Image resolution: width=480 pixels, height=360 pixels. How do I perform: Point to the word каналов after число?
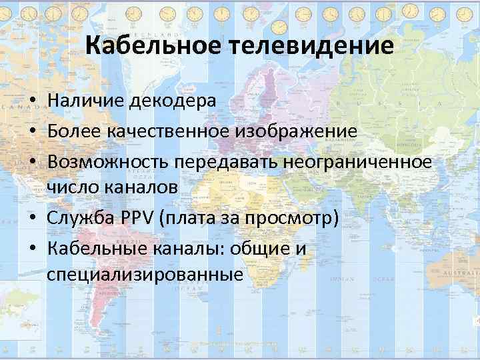(141, 187)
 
